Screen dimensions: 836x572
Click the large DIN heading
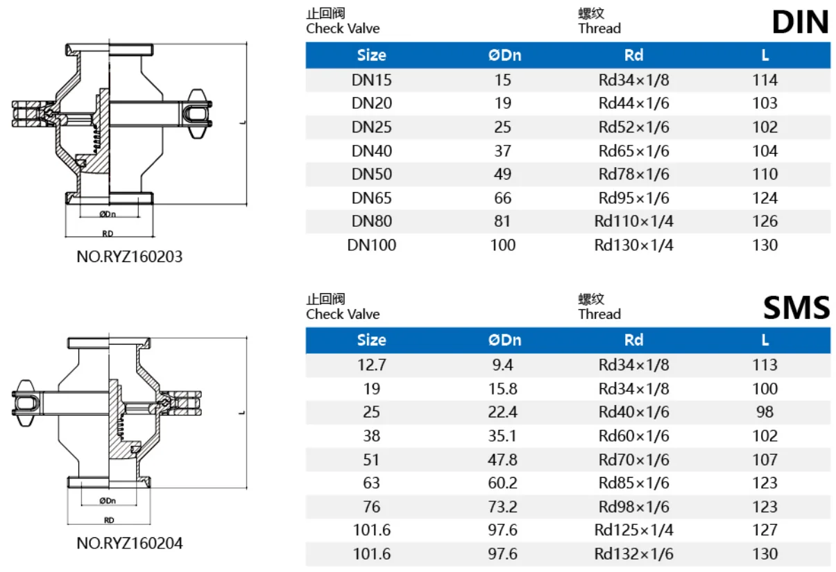tap(800, 22)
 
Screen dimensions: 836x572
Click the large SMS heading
tap(796, 308)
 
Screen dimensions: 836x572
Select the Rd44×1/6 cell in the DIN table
tap(633, 103)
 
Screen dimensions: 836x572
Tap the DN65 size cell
tap(371, 198)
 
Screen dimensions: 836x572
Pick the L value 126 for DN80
tap(765, 221)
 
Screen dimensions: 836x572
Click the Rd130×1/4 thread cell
tap(633, 245)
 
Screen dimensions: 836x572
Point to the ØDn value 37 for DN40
tap(502, 151)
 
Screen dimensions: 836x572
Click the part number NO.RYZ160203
tap(130, 257)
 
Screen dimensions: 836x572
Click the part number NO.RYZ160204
tap(130, 544)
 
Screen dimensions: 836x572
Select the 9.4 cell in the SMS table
tap(502, 365)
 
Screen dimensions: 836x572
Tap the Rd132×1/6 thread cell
tap(633, 554)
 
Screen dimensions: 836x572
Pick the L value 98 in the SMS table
tap(765, 412)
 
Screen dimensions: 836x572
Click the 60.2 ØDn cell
tap(502, 483)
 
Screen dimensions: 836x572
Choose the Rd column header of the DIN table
tap(633, 55)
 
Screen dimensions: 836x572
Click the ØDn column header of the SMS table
tap(504, 340)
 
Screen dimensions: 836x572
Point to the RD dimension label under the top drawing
tap(108, 234)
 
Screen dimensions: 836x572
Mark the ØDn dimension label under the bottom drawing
tap(108, 501)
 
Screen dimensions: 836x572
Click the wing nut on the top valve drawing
tap(198, 114)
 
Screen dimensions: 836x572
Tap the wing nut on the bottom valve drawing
tap(26, 403)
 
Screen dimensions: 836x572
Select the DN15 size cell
tap(371, 80)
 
